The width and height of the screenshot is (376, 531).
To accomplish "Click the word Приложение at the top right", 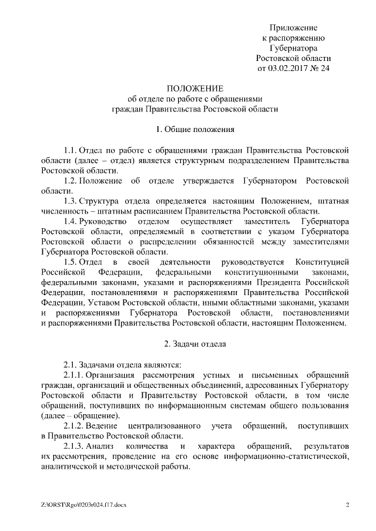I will pos(294,28).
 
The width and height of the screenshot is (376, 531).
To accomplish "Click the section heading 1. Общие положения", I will pos(187,128).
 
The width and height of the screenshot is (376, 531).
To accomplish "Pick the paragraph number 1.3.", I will pos(70,201).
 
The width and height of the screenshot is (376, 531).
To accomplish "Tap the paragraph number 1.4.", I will pos(70,221).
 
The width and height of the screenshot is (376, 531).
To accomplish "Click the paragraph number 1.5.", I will pos(70,262).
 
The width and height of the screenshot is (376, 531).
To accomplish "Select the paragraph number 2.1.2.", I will pos(75,425).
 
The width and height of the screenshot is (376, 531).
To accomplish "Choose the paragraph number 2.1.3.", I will pos(75,445).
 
